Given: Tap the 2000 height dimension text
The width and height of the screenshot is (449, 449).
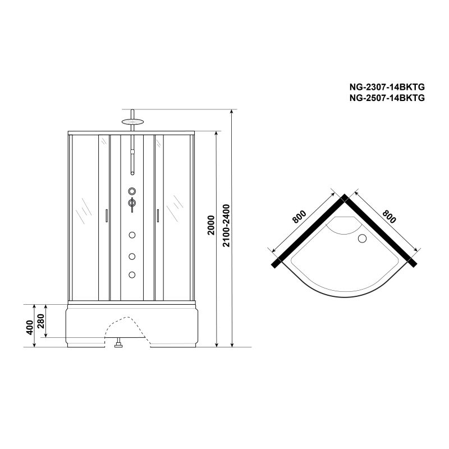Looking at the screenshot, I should (x=210, y=224).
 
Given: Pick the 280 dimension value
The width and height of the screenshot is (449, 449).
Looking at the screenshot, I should (x=40, y=320).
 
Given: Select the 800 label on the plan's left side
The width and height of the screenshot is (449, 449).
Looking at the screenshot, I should (x=298, y=217).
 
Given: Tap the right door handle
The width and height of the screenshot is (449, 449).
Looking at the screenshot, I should (x=159, y=215).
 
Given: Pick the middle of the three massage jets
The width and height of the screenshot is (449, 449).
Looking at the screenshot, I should (x=132, y=256).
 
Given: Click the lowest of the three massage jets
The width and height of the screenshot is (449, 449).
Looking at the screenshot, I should (x=132, y=274).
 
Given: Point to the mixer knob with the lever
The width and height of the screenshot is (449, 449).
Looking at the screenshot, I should (x=132, y=203).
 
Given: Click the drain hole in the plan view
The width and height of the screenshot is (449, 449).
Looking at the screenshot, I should (x=361, y=239).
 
